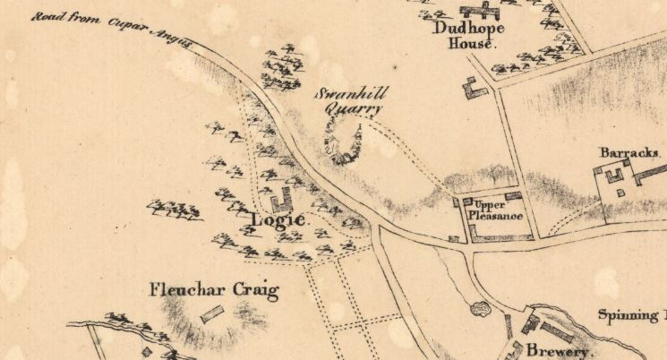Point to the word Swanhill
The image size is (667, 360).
coord(349,96)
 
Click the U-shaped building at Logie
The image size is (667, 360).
coord(282,199)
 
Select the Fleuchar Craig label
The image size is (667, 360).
coord(214,290)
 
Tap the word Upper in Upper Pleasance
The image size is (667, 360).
coord(485,204)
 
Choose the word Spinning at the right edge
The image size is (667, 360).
coord(631,315)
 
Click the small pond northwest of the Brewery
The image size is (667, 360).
coord(480,310)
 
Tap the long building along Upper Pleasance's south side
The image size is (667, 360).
coord(502,237)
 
